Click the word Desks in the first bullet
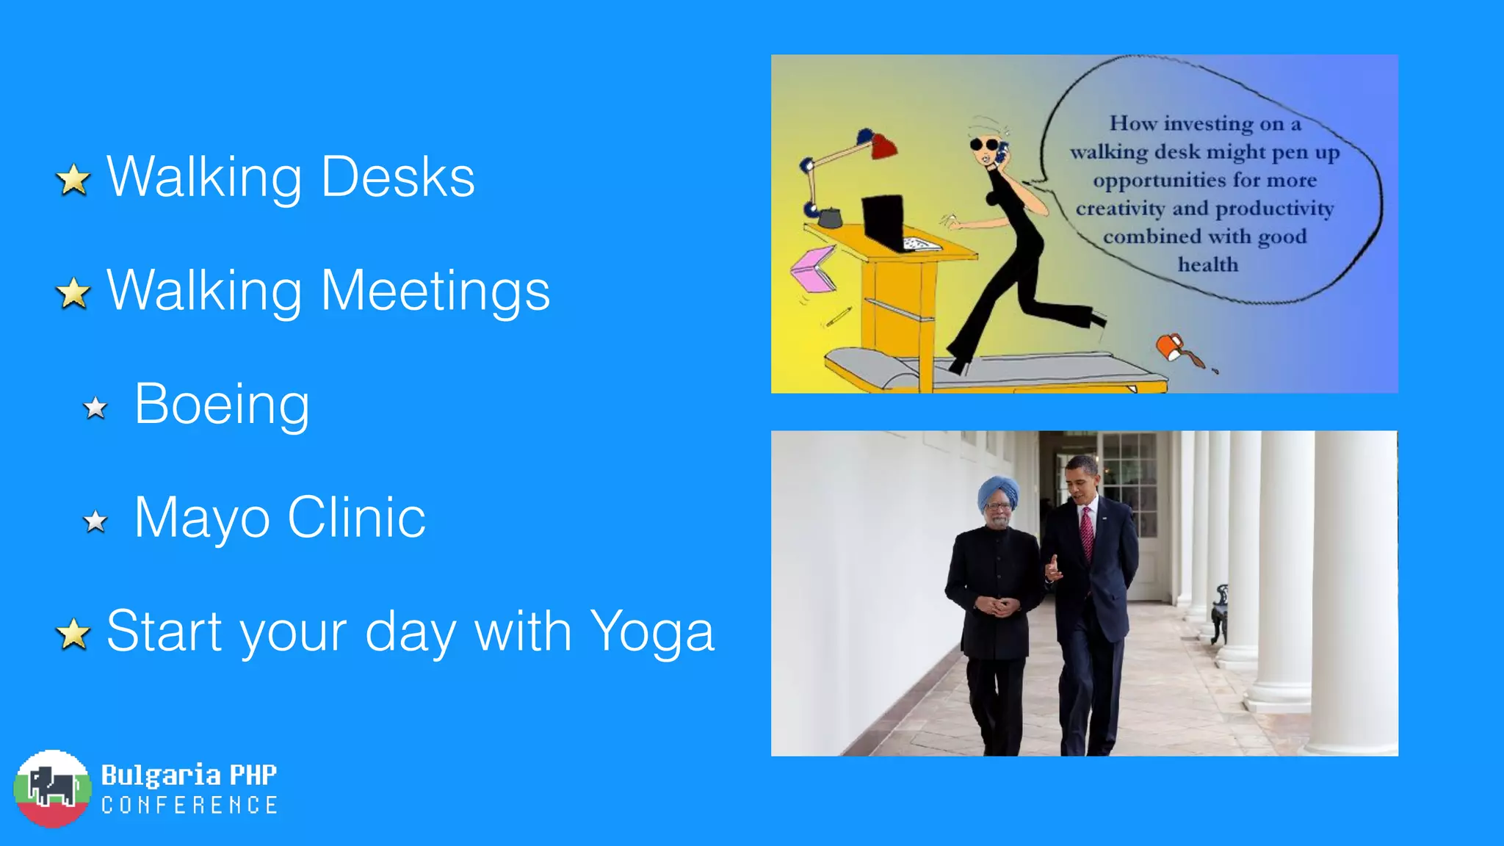click(398, 177)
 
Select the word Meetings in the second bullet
click(435, 291)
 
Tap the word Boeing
click(222, 404)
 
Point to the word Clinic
click(356, 518)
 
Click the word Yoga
click(651, 632)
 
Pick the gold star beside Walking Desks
click(73, 180)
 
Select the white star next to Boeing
click(95, 408)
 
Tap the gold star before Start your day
click(73, 634)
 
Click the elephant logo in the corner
click(52, 789)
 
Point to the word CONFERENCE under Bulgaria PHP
click(189, 806)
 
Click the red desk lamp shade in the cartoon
click(883, 146)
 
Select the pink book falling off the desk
click(814, 269)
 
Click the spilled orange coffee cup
click(1171, 346)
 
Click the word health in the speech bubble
click(1208, 264)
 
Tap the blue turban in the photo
click(998, 492)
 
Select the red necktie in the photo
click(1087, 534)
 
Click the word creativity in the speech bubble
click(1120, 209)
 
